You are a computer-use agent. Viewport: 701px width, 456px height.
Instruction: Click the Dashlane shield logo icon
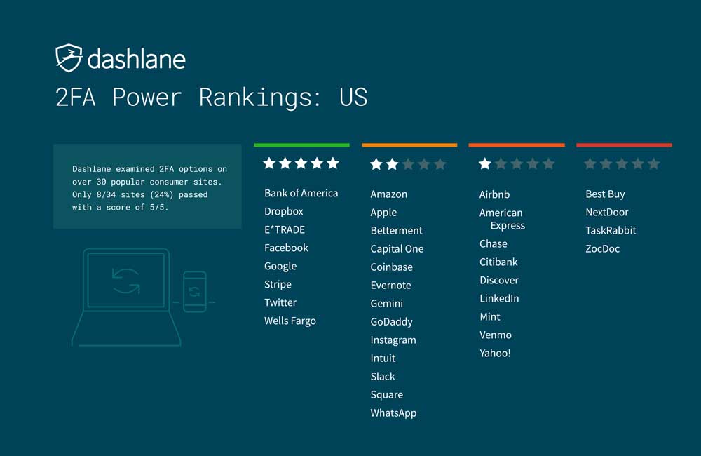coord(69,58)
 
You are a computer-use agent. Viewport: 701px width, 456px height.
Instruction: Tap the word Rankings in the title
coord(260,98)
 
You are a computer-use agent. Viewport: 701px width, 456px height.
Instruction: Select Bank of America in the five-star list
coord(301,193)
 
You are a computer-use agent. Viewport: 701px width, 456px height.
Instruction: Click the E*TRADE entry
coord(285,229)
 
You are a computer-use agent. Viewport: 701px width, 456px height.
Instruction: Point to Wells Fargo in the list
coord(290,321)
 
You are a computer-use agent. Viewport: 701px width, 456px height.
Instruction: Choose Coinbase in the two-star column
coord(391,267)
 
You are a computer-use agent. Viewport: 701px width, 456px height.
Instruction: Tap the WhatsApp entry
coord(393,413)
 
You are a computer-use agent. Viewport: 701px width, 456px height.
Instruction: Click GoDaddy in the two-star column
coord(391,322)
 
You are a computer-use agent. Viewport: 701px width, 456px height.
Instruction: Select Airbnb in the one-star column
coord(494,194)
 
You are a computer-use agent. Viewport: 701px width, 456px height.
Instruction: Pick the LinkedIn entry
coord(499,298)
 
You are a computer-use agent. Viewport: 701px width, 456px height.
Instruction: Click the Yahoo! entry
coord(495,353)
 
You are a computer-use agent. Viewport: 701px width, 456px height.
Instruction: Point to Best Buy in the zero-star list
coord(606,194)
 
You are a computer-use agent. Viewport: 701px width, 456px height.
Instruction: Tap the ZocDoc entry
coord(603,249)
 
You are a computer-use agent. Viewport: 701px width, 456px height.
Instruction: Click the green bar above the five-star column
coord(301,145)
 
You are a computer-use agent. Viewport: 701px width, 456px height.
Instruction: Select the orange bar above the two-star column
coord(409,145)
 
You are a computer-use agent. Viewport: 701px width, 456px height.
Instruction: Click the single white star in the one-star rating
coord(484,163)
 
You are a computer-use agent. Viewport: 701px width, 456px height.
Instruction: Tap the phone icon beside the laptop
coord(195,292)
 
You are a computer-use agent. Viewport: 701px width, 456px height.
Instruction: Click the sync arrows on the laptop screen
coord(125,281)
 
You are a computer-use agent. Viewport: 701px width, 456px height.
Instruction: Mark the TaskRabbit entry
coord(611,231)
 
